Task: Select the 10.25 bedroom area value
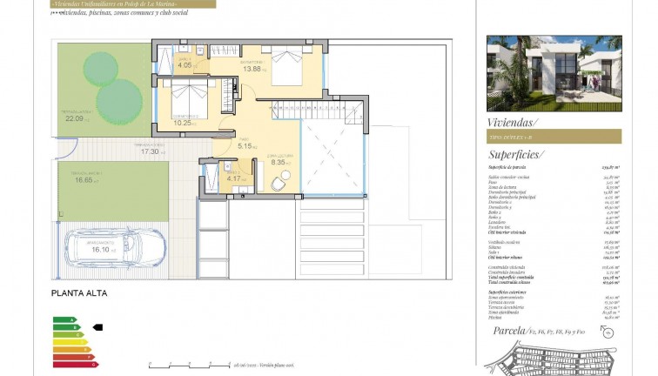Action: (x=183, y=122)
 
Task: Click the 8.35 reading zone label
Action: (x=279, y=161)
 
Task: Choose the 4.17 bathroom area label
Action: (x=233, y=180)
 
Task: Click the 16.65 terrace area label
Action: (x=84, y=180)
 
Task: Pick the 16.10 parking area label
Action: (x=104, y=249)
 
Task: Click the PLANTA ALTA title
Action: (x=79, y=293)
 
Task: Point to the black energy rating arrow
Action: (x=97, y=327)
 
